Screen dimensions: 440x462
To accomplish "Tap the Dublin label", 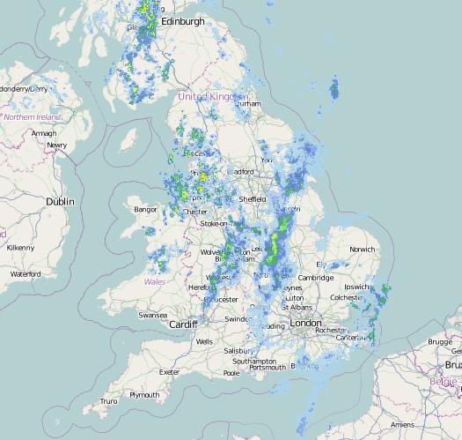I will coord(61,202).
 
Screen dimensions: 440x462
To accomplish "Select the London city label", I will coord(305,324).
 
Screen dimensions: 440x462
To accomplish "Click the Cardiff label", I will coord(184,324).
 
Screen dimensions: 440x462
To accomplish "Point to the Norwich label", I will coord(362,250).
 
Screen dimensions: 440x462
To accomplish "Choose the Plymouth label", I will coord(144,395).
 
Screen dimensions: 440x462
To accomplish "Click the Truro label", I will coord(108,401).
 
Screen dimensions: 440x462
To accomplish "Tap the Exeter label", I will coord(169,372).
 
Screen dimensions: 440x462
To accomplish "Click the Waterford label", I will coord(26,274).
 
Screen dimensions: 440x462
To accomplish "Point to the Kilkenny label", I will coord(19,248).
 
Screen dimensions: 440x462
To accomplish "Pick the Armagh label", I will coord(43,133).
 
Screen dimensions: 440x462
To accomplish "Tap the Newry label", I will coord(57,145).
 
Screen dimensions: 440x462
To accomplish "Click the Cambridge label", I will coord(315,278).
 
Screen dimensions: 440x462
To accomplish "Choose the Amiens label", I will coord(402,424).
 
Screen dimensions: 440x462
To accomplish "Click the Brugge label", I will coord(439,341).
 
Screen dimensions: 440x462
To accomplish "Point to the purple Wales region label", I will coord(155,282).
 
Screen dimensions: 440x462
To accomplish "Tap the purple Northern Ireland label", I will coord(32,116).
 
